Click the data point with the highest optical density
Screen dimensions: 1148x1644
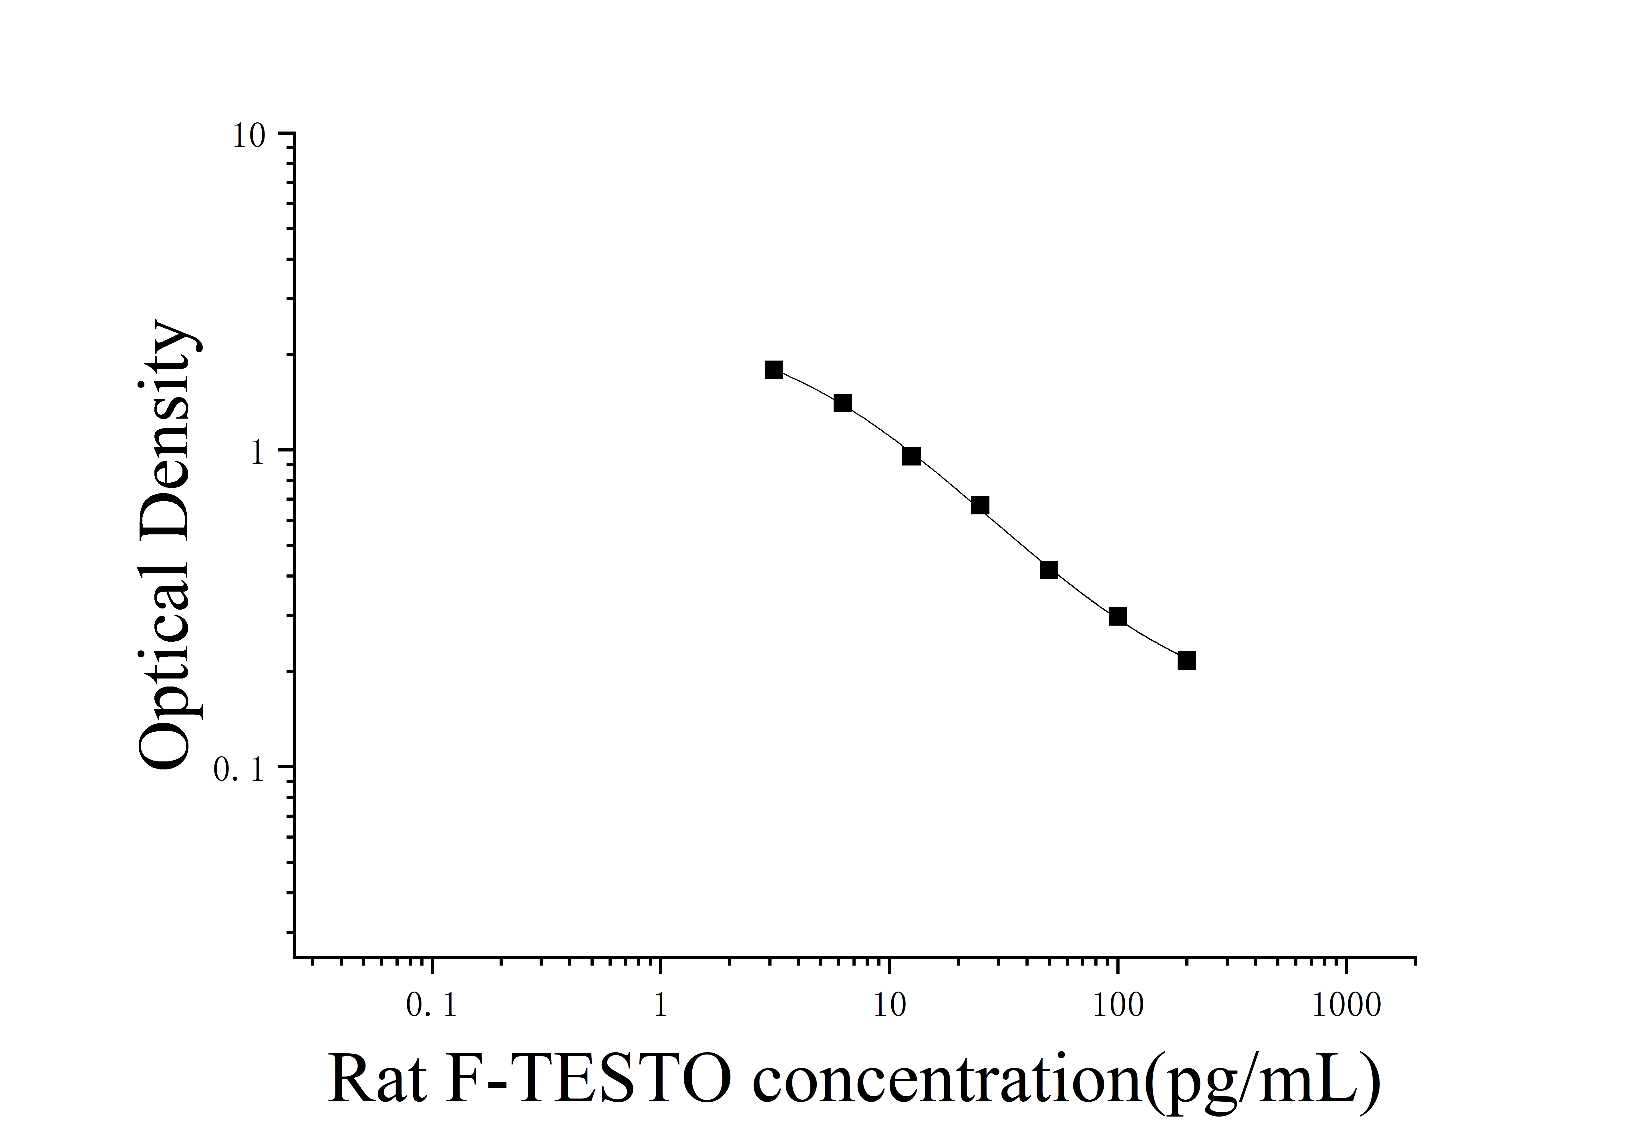tap(773, 369)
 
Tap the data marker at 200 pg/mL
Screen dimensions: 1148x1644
tap(1186, 661)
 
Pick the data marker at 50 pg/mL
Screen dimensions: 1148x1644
tap(1049, 570)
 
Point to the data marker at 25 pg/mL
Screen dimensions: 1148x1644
tap(980, 506)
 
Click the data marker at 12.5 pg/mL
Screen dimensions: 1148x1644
tap(911, 456)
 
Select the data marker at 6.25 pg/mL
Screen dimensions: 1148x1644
tap(843, 403)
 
